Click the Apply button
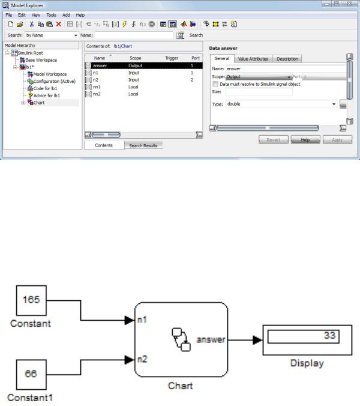tap(337, 140)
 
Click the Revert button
tap(274, 140)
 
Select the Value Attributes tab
tap(253, 59)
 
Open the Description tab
tap(287, 59)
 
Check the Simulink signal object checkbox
tap(215, 84)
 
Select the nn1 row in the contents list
tap(143, 86)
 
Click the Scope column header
tap(135, 58)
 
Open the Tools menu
tap(51, 15)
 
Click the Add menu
tap(66, 15)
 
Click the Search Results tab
tap(143, 145)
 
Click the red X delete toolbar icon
tap(59, 25)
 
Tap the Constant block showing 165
tap(31, 300)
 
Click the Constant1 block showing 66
tap(31, 374)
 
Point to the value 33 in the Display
tap(329, 335)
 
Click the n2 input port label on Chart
tap(142, 359)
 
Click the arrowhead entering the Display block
tap(257, 340)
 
